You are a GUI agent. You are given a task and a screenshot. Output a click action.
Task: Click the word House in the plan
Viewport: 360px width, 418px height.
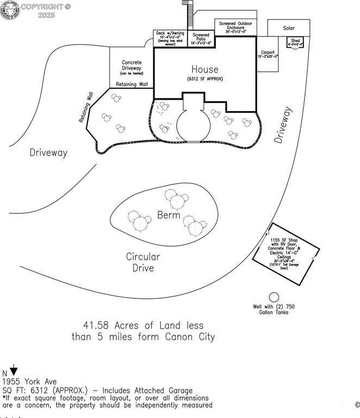(204, 70)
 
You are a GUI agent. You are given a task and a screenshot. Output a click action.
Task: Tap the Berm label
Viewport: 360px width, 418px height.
(169, 215)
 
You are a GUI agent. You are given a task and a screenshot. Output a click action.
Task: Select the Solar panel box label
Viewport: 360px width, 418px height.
(289, 28)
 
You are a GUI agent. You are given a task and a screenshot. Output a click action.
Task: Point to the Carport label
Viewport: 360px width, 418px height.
(268, 53)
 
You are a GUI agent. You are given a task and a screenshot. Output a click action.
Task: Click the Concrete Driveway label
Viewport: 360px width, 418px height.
(132, 66)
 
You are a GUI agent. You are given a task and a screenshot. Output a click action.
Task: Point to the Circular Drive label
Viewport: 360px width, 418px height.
(143, 262)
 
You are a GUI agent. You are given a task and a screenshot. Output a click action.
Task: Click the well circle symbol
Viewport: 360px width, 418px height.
(274, 297)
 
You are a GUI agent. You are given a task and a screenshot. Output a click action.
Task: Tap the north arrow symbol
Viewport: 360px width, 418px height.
(14, 372)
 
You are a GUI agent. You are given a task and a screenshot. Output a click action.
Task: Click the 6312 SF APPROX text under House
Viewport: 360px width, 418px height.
(204, 79)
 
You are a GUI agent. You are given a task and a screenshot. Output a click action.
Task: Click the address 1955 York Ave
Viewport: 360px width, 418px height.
(29, 382)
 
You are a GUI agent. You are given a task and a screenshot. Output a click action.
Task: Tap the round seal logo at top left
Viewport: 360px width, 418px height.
(9, 10)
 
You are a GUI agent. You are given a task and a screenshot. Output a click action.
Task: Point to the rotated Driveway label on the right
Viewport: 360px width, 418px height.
(283, 125)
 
